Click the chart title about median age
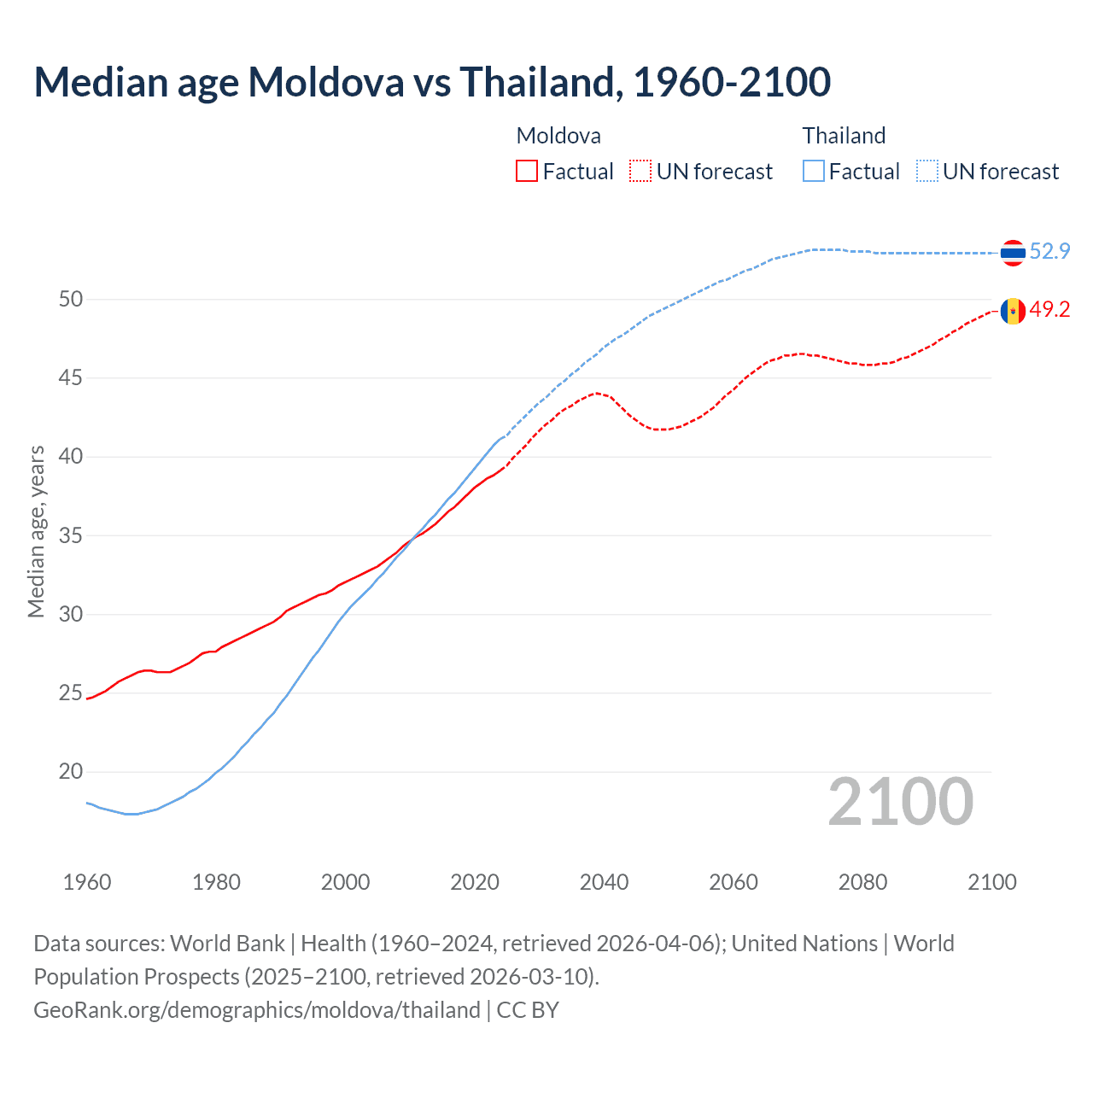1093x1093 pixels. (432, 82)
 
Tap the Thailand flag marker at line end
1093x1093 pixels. (1013, 253)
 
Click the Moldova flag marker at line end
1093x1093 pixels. (1013, 312)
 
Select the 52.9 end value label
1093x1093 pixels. (1049, 251)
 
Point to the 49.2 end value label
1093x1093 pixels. (1049, 309)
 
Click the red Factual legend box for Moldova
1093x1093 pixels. (527, 172)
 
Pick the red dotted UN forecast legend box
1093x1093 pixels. (640, 172)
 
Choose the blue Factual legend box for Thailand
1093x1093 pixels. (814, 172)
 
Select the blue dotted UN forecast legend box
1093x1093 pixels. (926, 172)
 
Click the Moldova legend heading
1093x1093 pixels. (558, 136)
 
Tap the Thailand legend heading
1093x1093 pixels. (844, 136)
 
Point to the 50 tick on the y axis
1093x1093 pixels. (71, 299)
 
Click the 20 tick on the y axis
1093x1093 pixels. (71, 772)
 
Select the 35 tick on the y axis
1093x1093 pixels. (71, 536)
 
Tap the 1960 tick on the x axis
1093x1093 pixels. (87, 882)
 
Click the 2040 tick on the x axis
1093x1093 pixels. (604, 882)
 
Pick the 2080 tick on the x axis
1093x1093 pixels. (862, 882)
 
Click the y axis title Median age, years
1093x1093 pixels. (36, 531)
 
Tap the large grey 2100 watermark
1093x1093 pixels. (900, 801)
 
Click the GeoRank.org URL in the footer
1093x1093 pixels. (256, 1010)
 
